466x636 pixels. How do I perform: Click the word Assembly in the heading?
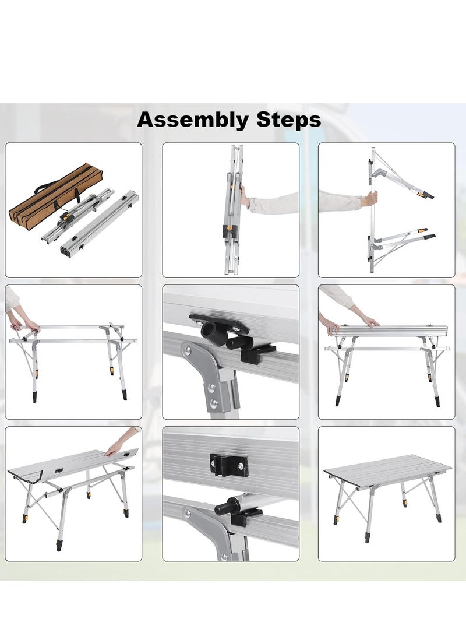192,120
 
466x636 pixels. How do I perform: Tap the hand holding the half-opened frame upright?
369,199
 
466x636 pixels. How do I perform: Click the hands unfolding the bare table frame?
23,324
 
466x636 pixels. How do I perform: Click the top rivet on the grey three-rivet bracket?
188,349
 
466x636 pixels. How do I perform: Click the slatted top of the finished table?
387,469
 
